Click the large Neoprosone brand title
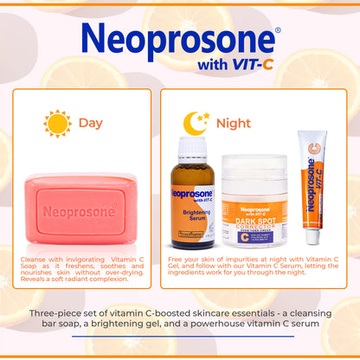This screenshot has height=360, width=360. (x=178, y=41)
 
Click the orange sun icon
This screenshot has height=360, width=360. (x=57, y=123)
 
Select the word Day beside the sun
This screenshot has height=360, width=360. (x=90, y=123)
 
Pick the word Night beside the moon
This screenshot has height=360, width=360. (x=234, y=123)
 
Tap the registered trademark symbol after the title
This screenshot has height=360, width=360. (x=277, y=30)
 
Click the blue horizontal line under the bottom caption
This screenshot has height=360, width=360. (x=179, y=336)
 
